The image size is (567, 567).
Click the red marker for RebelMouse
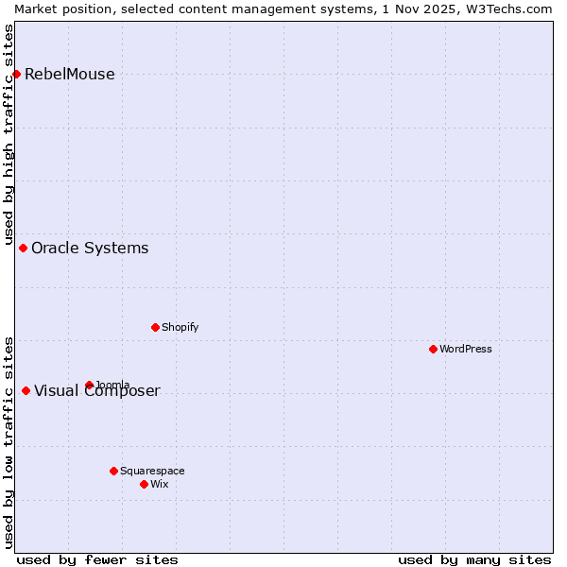coord(16,74)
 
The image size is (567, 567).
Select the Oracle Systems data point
coord(23,248)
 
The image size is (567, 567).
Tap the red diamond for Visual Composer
coord(26,390)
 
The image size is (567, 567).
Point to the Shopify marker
coord(155,327)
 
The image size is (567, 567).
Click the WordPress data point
coord(433,349)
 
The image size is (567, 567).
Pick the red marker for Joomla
coord(89,385)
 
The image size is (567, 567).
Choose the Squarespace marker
coord(113,471)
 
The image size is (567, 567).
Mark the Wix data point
coord(144,484)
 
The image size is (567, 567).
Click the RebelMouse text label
coord(70,75)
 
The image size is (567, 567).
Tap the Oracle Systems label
coord(90,249)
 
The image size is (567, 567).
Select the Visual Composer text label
coord(97,391)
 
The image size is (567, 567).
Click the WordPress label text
coord(466,349)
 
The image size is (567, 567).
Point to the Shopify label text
coord(180,327)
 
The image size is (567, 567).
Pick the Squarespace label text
coord(152,471)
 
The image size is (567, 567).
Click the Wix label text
coord(159,484)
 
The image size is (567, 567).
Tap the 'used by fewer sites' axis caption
coord(97,559)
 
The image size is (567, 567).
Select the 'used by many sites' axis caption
coord(474,559)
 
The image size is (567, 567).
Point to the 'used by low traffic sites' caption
coord(9,442)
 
